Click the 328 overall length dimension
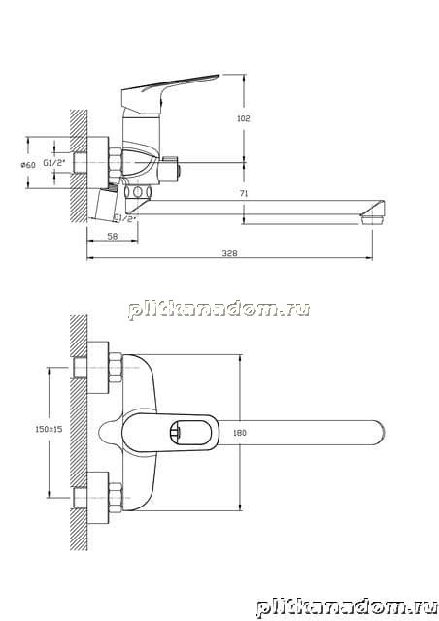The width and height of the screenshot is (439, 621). tap(229, 253)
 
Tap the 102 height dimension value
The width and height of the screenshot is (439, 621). tap(243, 118)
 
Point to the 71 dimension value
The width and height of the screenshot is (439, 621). tap(244, 194)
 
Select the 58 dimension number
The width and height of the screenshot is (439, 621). tap(113, 236)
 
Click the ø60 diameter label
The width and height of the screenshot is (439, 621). tap(28, 164)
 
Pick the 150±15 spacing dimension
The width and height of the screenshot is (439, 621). tap(49, 429)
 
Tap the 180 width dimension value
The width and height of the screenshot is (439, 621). tap(240, 433)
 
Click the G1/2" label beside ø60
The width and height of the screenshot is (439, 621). tap(53, 162)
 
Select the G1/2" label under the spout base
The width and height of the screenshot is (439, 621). tap(125, 217)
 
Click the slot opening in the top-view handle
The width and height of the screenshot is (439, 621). tap(190, 432)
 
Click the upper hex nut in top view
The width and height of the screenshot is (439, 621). tap(116, 367)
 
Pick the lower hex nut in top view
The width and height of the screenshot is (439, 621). tap(116, 498)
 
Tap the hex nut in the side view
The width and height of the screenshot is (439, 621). tap(116, 163)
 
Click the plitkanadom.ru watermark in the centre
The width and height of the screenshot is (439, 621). tap(219, 310)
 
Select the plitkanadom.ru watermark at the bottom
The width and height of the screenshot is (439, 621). tap(347, 607)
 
